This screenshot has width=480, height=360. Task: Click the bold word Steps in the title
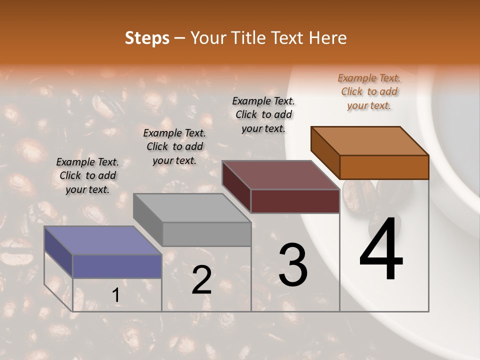pos(147,38)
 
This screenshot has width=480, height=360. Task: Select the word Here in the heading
pos(328,38)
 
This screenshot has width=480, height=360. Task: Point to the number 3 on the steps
pos(293,265)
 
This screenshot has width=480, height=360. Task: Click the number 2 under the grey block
pos(201,280)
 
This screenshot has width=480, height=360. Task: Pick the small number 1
pos(116,295)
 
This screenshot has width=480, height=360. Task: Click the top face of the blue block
pos(102,240)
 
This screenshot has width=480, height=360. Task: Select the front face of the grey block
pos(206,234)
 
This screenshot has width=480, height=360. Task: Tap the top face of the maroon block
pos(280,175)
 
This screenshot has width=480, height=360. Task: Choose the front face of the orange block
pos(384,167)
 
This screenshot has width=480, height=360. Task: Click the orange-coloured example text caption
pos(369,91)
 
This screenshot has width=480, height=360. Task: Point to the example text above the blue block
pos(87,175)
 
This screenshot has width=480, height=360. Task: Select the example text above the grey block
pos(174,146)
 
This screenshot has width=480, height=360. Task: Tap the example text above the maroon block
pos(263,114)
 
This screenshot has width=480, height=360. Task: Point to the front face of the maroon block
pos(295,201)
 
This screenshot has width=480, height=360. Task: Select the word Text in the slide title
pos(288,38)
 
